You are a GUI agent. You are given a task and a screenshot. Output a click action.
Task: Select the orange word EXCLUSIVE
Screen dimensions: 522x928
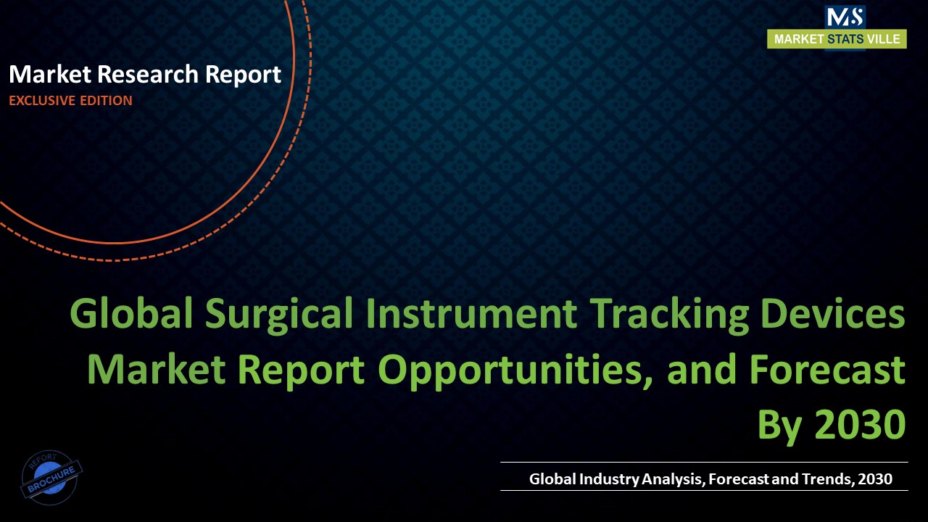coord(42,101)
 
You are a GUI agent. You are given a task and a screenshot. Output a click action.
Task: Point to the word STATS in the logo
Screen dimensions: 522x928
coord(845,40)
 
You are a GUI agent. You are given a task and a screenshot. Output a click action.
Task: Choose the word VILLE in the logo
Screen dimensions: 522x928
coord(884,40)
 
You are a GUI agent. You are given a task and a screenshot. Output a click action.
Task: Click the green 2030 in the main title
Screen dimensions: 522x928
coord(860,425)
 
